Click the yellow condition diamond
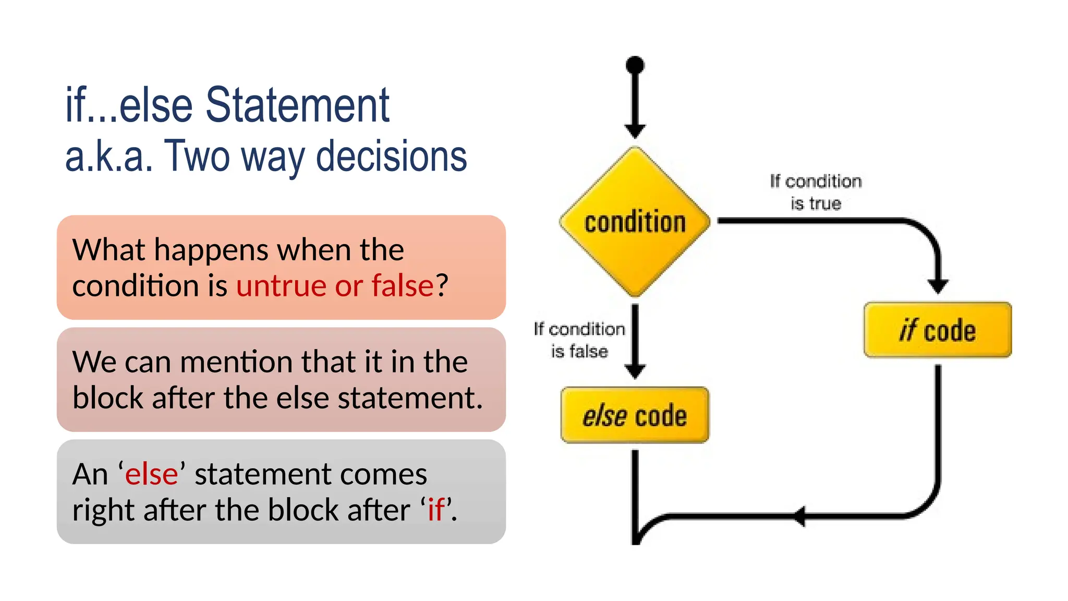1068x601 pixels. coord(635,222)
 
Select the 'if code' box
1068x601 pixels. coord(937,330)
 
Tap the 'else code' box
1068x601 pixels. coord(635,415)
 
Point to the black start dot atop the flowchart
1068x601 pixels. coord(635,65)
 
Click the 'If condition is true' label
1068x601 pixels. coord(816,192)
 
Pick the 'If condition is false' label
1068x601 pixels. coord(579,340)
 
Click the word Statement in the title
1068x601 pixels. coord(297,105)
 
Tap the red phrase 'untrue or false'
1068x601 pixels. coord(335,285)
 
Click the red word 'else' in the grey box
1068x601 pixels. coord(151,474)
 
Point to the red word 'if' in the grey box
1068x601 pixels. coord(436,510)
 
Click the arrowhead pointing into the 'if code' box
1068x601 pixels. coord(938,286)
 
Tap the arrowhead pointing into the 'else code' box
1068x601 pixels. coord(635,371)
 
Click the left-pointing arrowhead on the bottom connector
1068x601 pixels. coord(799,516)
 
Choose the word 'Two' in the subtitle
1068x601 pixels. coord(197,156)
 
